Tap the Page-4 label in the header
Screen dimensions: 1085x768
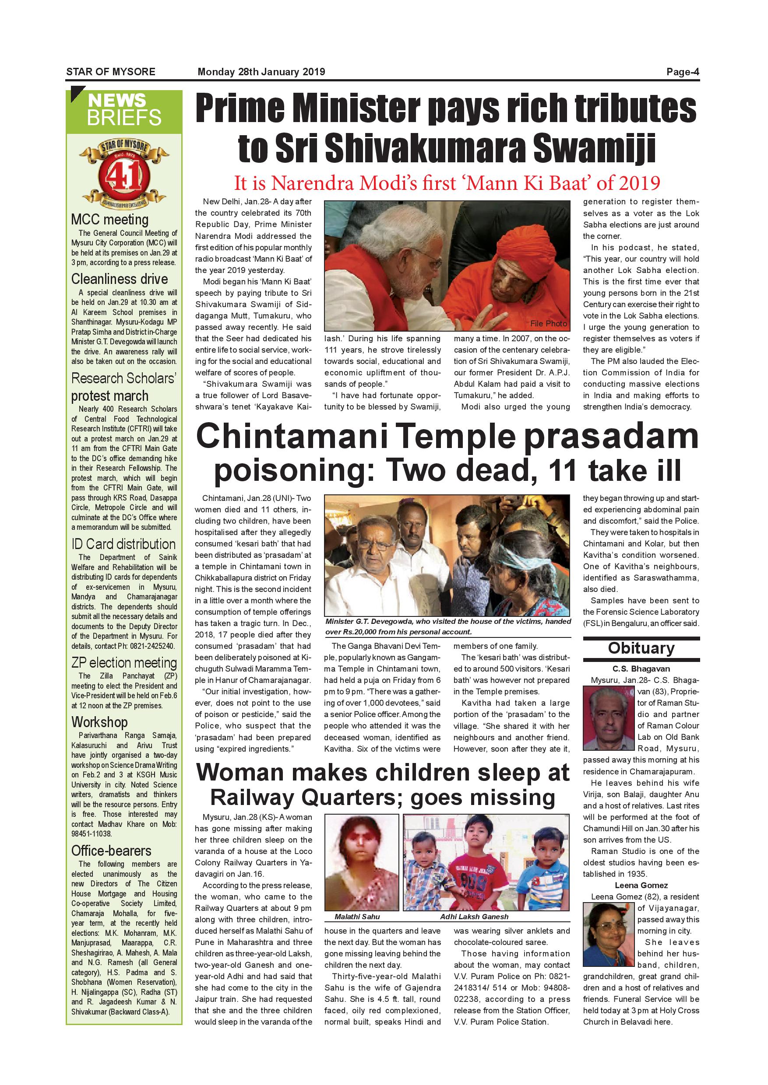tap(683, 72)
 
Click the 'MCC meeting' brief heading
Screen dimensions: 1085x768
tap(110, 219)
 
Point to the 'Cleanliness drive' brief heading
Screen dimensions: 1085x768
tap(120, 279)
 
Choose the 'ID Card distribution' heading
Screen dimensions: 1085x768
tap(123, 544)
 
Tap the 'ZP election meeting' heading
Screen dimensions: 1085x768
tap(124, 662)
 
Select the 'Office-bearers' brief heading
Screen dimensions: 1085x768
tap(111, 850)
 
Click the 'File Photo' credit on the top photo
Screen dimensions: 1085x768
tap(548, 323)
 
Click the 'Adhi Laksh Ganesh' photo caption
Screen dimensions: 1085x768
tap(474, 916)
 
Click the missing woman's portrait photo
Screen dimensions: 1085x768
tap(362, 862)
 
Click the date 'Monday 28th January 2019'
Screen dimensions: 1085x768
tap(261, 72)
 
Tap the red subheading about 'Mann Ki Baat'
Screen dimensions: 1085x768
tap(447, 183)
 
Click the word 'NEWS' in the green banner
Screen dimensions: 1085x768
tap(117, 101)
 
